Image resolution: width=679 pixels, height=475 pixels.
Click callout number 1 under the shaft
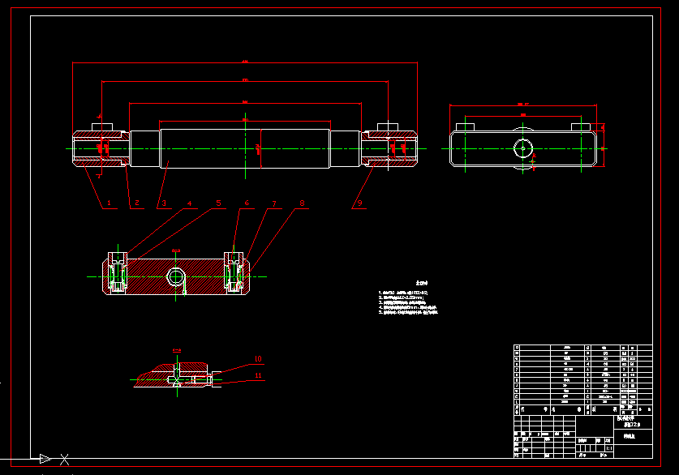coord(108,203)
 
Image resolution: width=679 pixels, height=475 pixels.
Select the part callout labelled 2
coord(137,203)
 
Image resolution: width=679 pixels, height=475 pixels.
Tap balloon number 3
coord(162,203)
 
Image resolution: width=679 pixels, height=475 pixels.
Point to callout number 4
coord(190,203)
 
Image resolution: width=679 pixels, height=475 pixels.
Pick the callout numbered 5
coord(217,203)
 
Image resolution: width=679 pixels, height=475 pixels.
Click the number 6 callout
coord(247,203)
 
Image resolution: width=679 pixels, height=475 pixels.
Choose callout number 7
coord(274,203)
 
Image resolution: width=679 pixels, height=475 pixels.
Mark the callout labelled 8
coord(302,203)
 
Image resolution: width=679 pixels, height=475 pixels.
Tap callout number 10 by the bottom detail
coord(258,358)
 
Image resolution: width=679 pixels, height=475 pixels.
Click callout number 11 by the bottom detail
coord(258,375)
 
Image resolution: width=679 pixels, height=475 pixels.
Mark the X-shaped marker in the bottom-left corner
coord(64,459)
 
